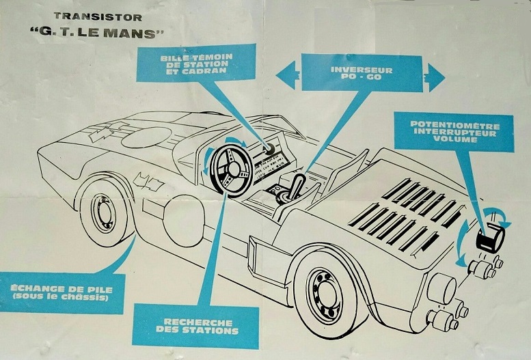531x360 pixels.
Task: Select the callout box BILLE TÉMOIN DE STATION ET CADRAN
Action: [x=195, y=63]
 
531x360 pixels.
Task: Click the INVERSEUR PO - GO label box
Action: [x=362, y=74]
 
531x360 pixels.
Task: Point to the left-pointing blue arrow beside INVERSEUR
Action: [x=286, y=74]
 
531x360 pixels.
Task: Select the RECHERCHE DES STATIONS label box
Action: [x=195, y=326]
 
